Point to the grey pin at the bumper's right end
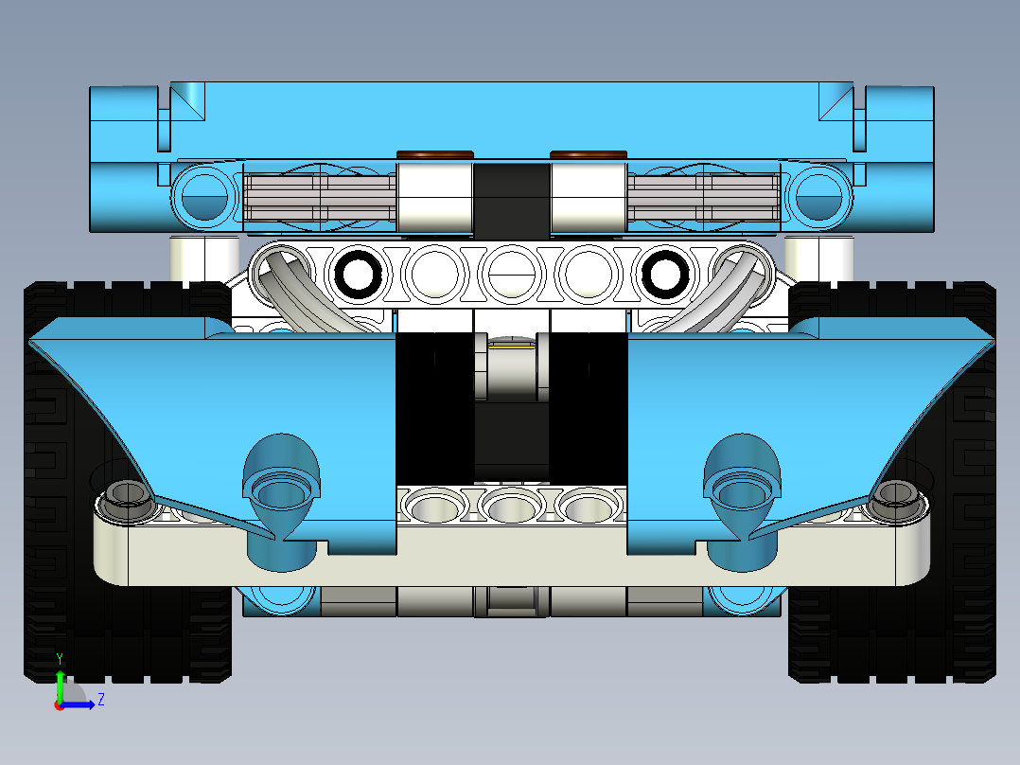(894, 498)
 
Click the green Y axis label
(59, 658)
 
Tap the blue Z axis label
(100, 700)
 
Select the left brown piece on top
(434, 154)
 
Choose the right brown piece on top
(588, 154)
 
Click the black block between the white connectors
(511, 199)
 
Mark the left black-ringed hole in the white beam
(359, 275)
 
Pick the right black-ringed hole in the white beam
(664, 275)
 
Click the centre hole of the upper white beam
(511, 275)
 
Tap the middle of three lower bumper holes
(511, 506)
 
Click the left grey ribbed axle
(317, 200)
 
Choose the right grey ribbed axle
(705, 200)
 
